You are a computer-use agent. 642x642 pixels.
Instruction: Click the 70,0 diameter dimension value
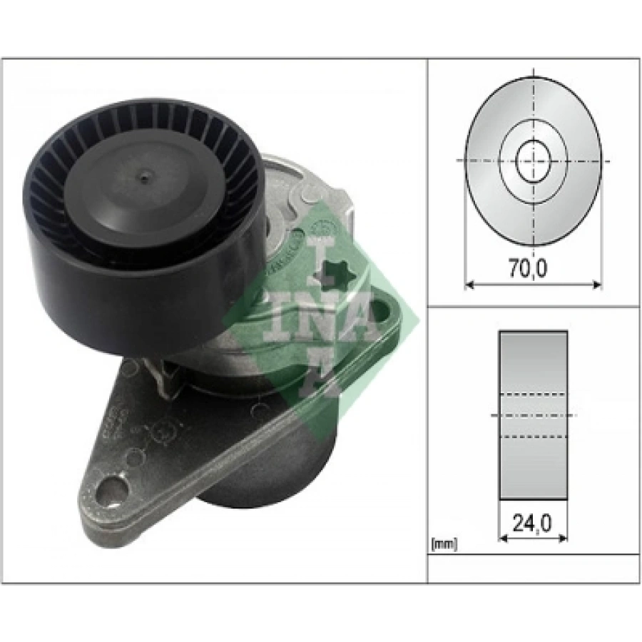[531, 270]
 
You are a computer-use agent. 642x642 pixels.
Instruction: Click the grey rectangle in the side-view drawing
[533, 357]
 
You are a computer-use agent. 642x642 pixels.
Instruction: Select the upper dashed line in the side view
[533, 393]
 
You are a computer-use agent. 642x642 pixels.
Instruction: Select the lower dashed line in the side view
[533, 436]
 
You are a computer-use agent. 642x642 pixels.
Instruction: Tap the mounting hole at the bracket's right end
[392, 312]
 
